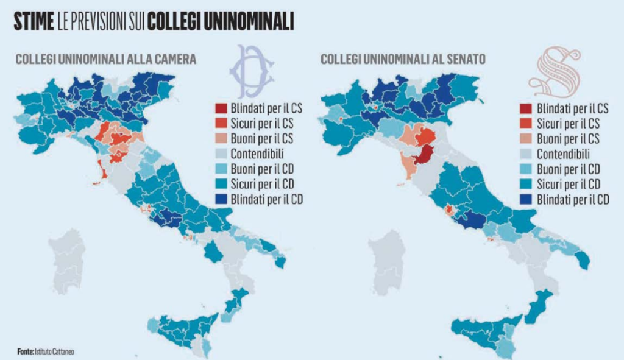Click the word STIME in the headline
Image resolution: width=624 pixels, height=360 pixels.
[34, 23]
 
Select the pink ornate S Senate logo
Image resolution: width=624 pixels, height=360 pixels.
[554, 72]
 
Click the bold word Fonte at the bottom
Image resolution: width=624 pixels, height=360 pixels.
[25, 351]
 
